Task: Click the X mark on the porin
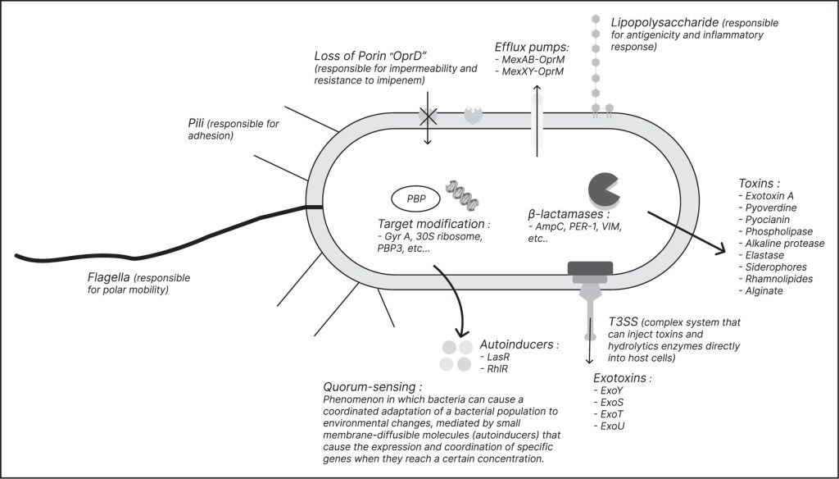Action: click(428, 116)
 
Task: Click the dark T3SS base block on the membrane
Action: click(590, 268)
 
